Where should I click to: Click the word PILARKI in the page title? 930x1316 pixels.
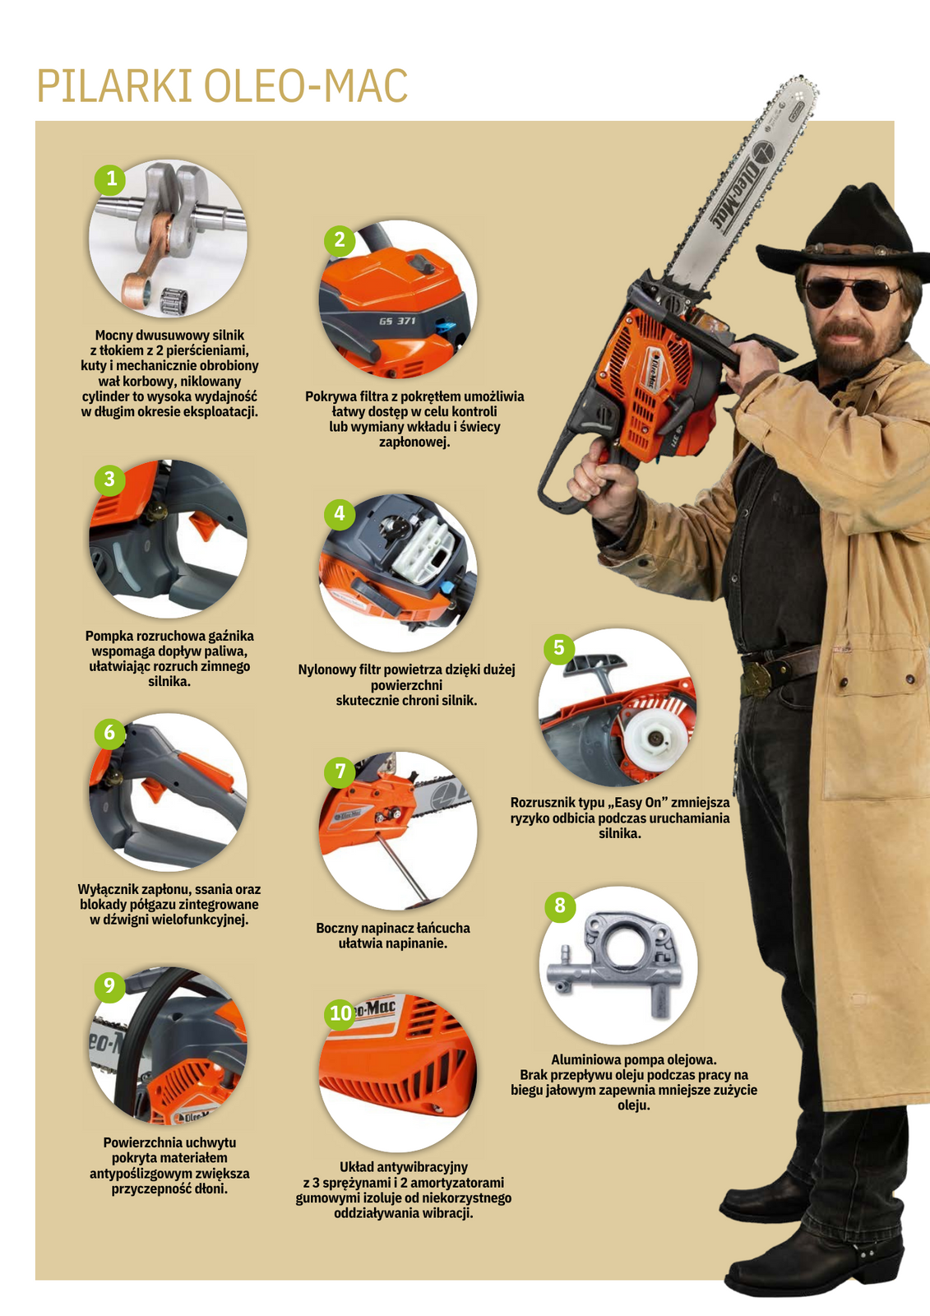click(x=115, y=86)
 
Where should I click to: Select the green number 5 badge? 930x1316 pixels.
click(x=558, y=648)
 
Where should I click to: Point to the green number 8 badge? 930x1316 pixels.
click(x=560, y=906)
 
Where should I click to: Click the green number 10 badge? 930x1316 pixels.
click(x=340, y=1013)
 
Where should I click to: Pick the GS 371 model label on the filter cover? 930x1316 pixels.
click(x=397, y=321)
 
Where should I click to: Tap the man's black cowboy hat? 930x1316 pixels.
click(x=844, y=229)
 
